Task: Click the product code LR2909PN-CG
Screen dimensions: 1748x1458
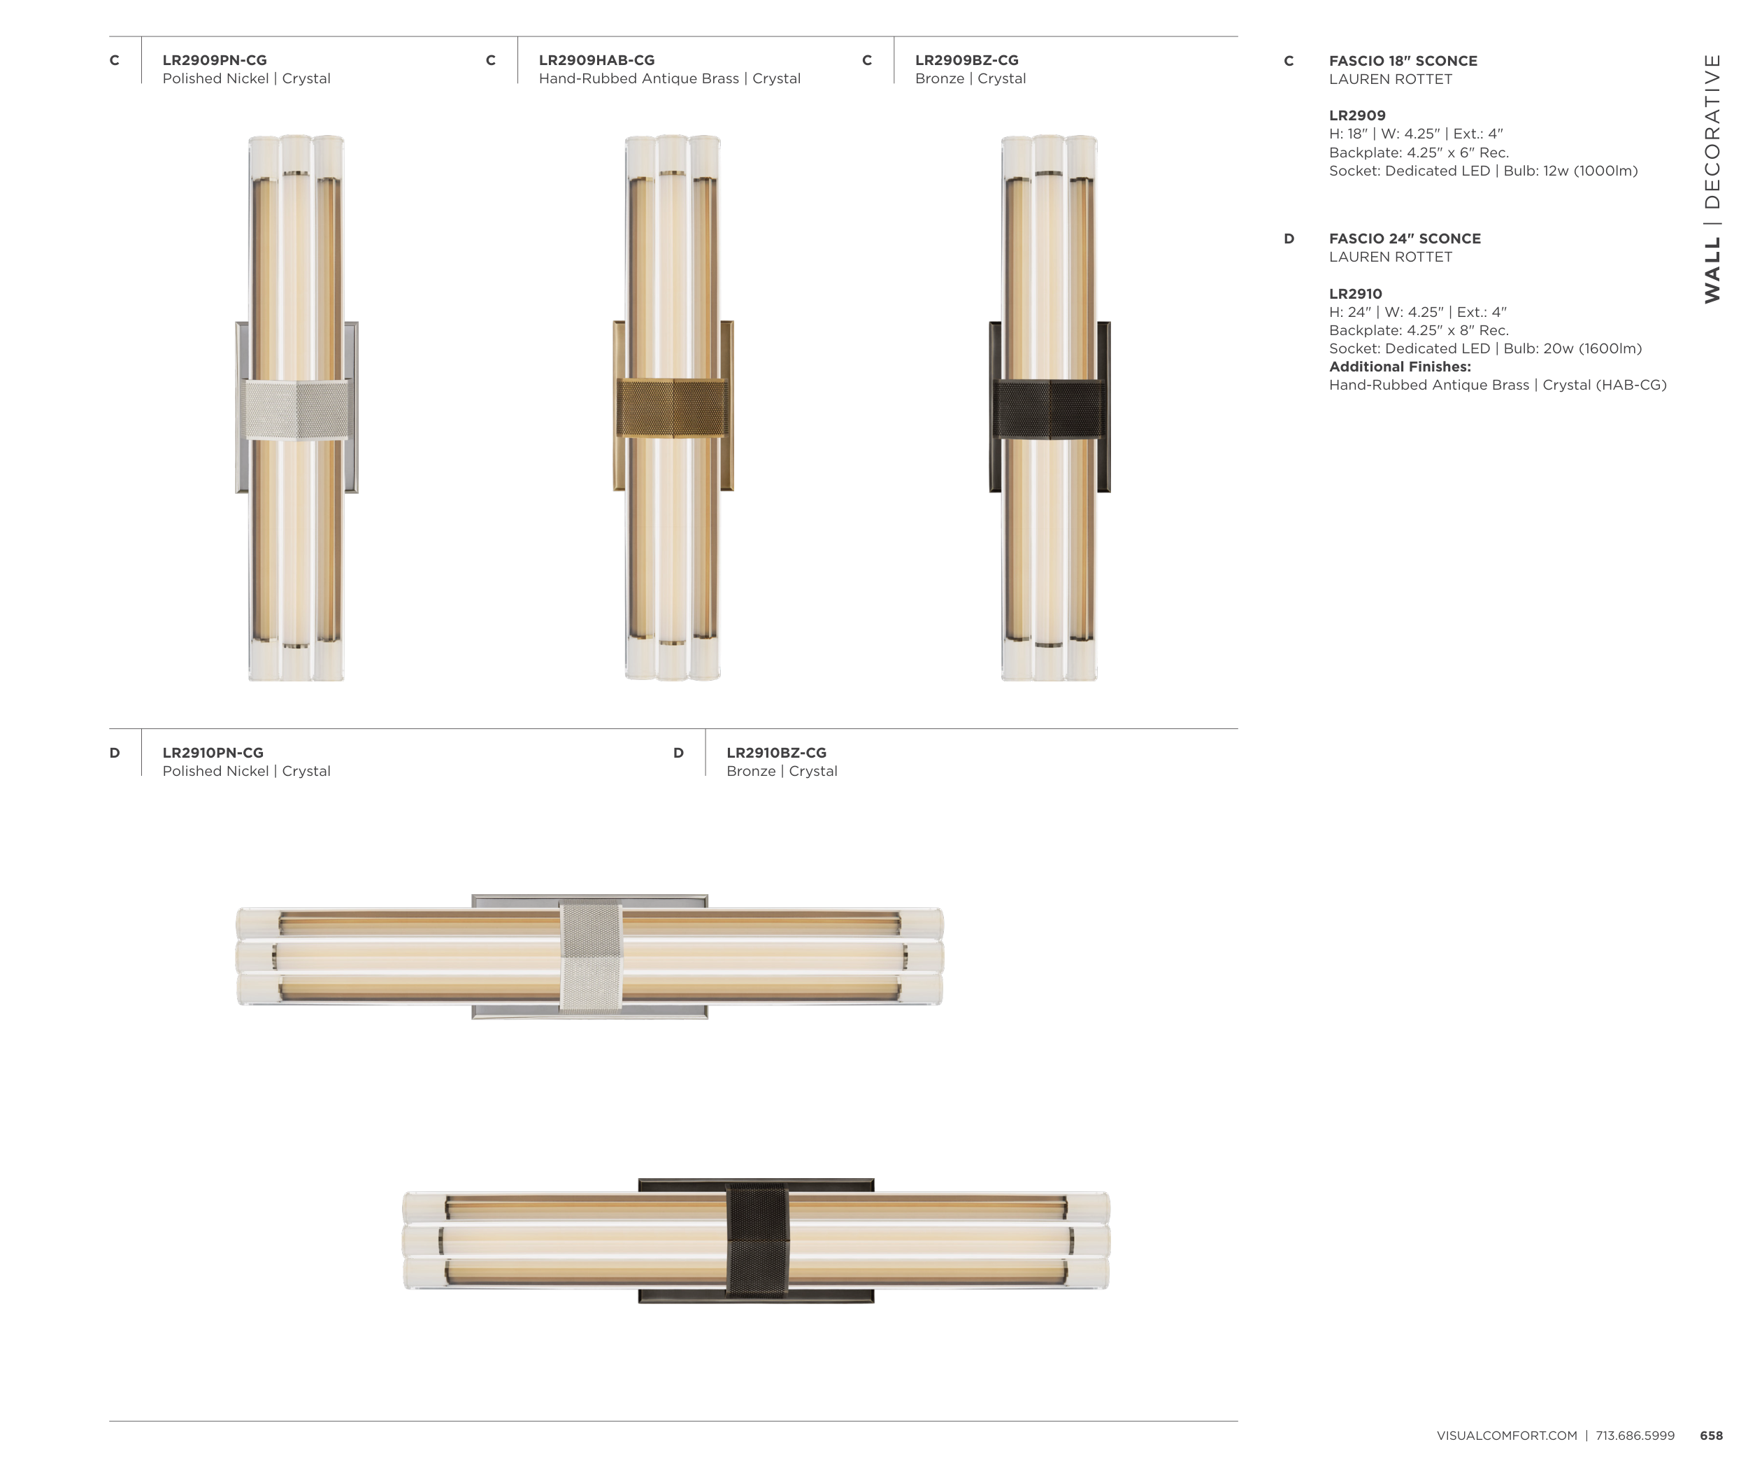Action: click(215, 60)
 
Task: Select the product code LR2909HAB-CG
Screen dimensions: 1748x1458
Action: click(597, 60)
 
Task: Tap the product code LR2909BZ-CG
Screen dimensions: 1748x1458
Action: click(966, 60)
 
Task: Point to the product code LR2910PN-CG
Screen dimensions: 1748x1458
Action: click(213, 753)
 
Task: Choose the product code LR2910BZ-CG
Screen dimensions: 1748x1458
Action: click(777, 753)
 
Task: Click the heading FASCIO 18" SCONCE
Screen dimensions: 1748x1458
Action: click(1403, 61)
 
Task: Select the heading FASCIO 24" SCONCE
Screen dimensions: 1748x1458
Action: click(1405, 238)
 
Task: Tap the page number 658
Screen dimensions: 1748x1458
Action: click(1712, 1436)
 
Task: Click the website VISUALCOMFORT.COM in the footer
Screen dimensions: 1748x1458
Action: click(1507, 1436)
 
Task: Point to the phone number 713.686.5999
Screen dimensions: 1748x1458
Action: click(1635, 1436)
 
